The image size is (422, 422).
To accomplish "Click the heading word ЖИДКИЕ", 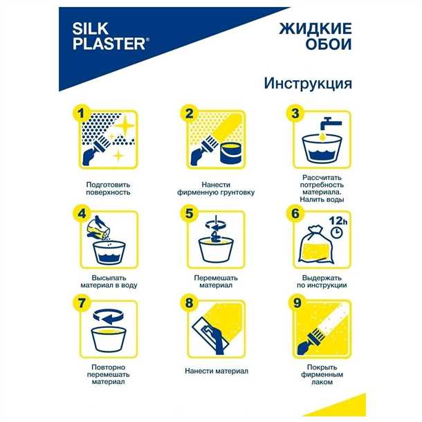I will pos(315,29).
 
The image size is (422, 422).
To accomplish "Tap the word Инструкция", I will pos(309,83).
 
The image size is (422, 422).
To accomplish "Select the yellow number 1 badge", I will pos(83,113).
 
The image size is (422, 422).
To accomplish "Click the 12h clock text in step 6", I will pos(338,220).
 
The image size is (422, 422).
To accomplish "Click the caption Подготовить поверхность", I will pos(107,188).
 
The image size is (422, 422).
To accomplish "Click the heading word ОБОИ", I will pos(329,47).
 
